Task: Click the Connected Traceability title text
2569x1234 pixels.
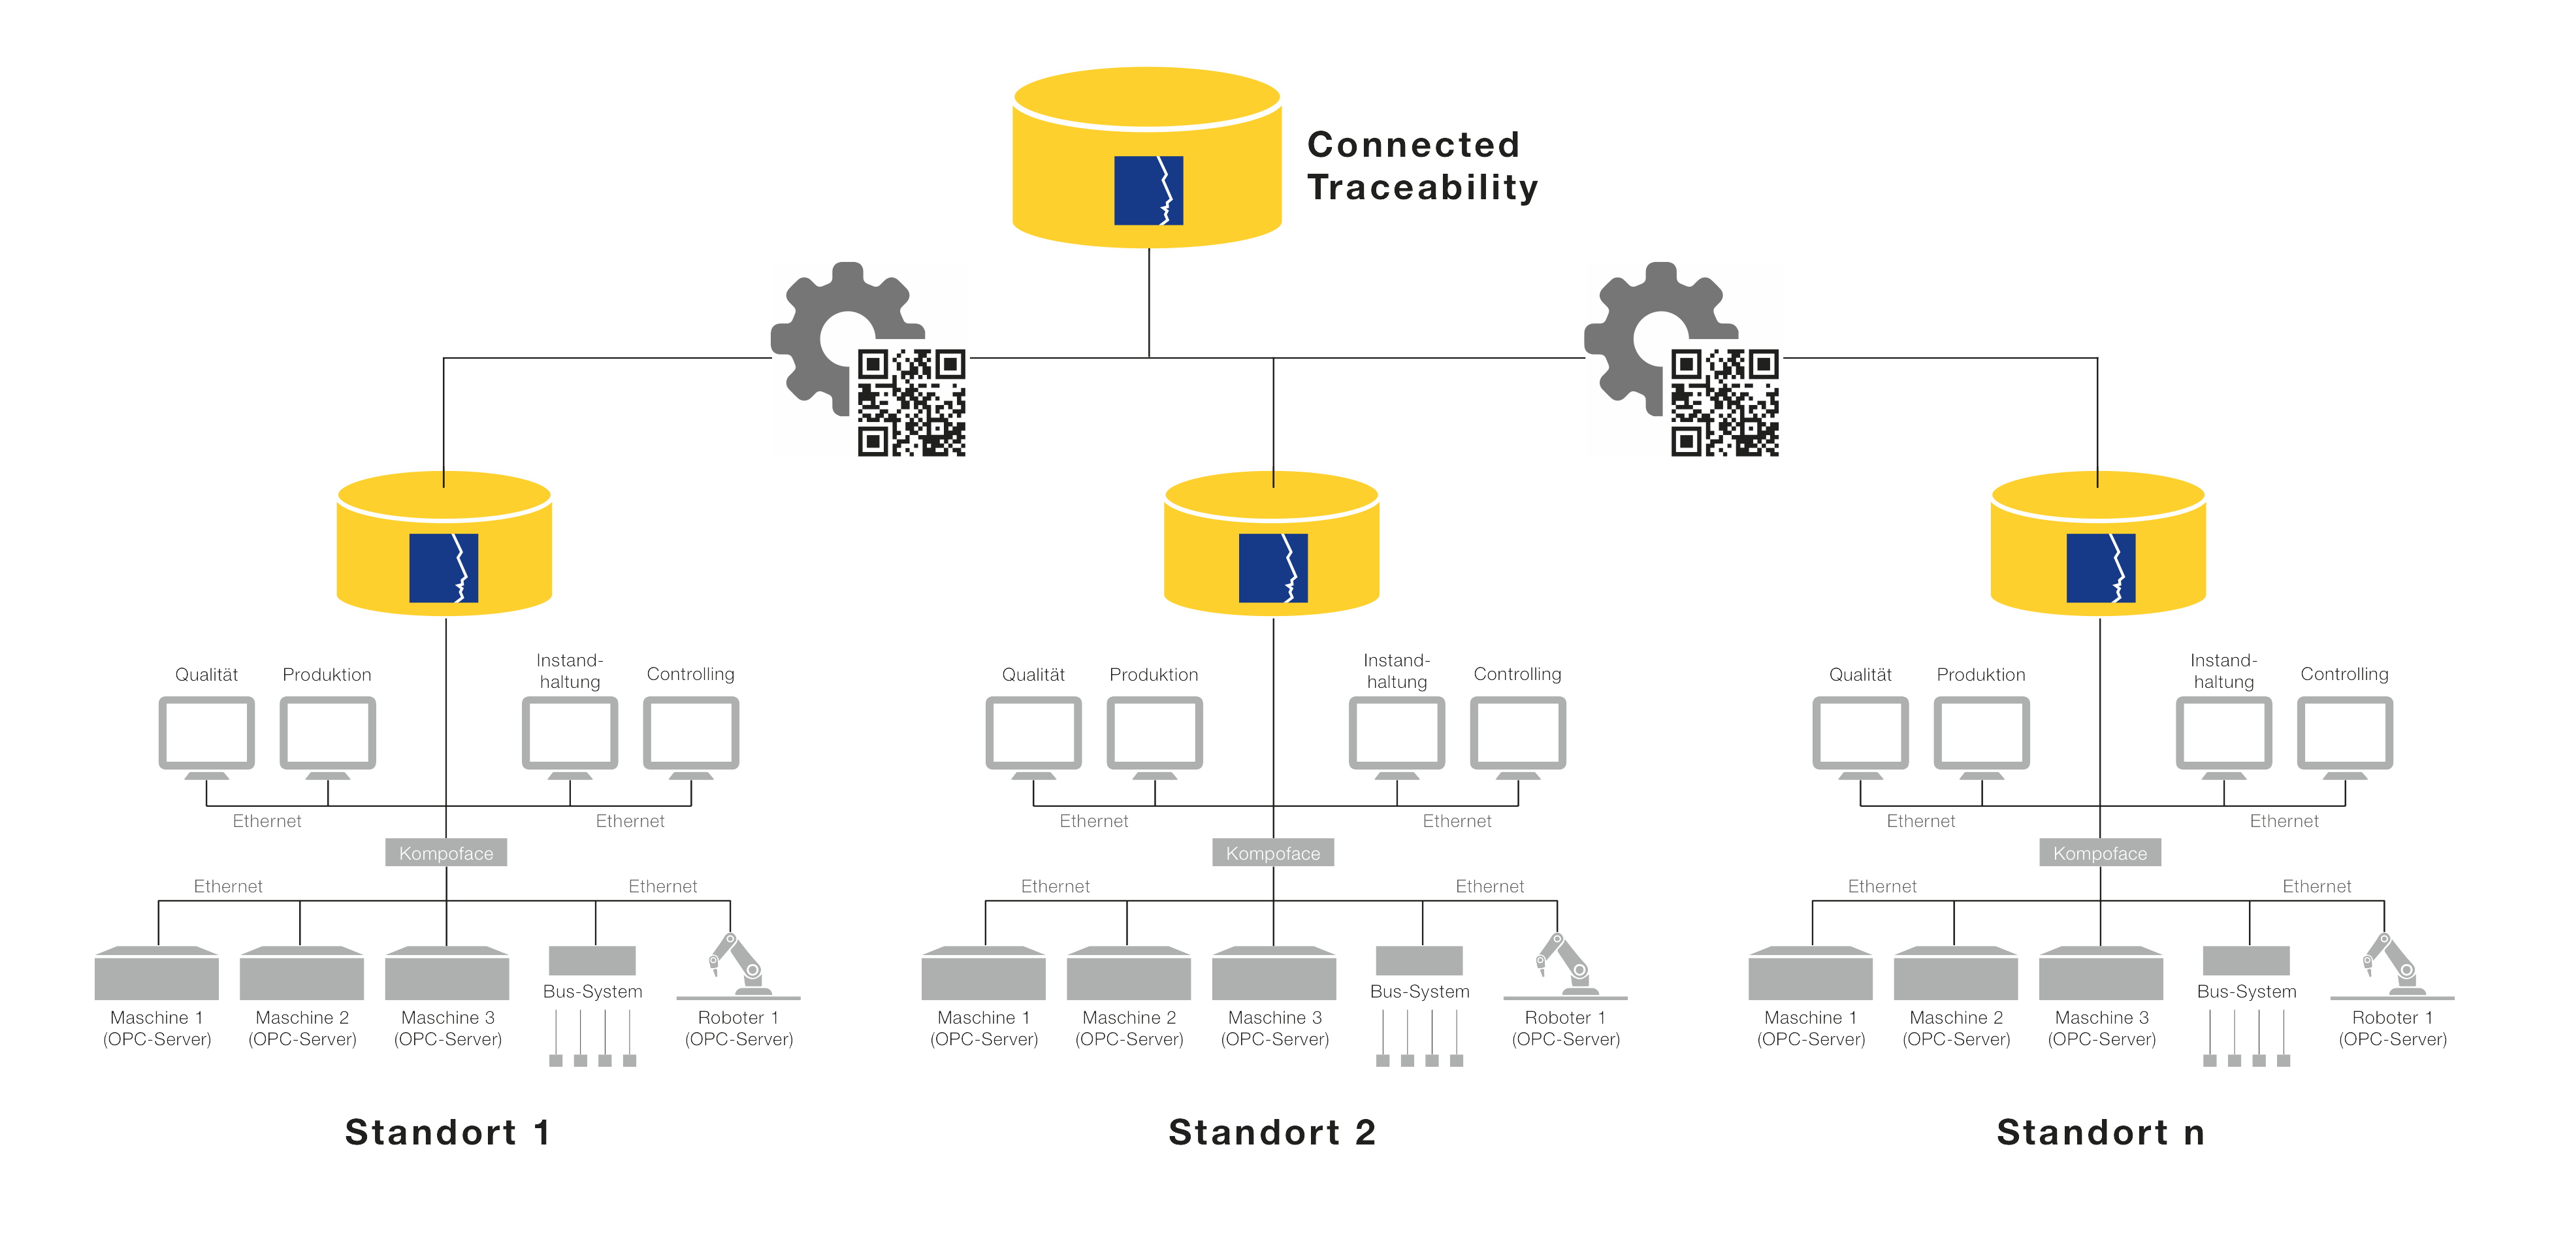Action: [1422, 165]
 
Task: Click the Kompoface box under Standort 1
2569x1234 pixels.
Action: [445, 853]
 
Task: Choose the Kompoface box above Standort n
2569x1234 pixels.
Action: [2099, 853]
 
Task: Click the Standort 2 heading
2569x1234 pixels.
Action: [1272, 1132]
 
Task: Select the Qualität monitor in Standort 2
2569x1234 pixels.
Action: [1033, 734]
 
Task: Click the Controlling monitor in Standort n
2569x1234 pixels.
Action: [2344, 734]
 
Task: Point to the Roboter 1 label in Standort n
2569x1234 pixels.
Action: [2393, 1028]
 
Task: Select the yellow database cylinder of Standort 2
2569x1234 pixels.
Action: [1272, 544]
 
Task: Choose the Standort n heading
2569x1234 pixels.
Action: [2100, 1132]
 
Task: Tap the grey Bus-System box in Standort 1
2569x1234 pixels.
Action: [592, 960]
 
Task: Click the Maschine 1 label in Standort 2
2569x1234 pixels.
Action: [983, 1028]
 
